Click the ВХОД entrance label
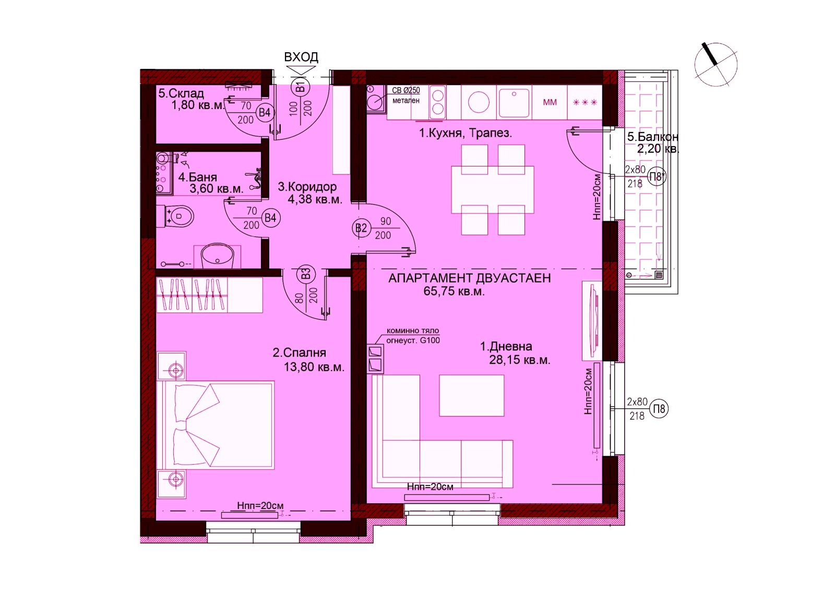coord(301,57)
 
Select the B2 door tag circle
coord(361,228)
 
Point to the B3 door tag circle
coord(306,275)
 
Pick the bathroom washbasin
coord(217,256)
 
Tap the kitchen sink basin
coord(514,102)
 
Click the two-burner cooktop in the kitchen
coord(437,102)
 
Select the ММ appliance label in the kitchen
coord(550,102)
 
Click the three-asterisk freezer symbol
coord(585,102)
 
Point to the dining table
coord(493,190)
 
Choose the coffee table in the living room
coord(472,396)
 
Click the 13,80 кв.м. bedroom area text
coord(314,367)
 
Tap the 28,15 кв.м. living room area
coord(520,360)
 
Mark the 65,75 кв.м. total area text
coord(454,292)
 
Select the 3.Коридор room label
coord(307,186)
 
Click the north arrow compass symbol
coord(715,64)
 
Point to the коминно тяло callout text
coord(413,330)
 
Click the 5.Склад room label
coord(181,93)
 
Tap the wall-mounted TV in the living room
coord(594,321)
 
